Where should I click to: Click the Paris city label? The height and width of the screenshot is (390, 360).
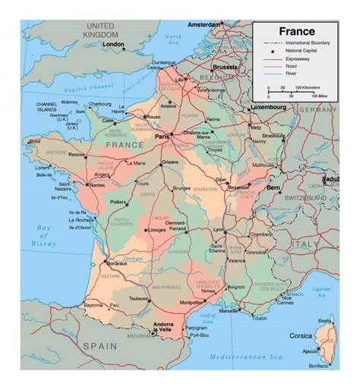160,137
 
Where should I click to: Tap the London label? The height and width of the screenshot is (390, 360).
112,44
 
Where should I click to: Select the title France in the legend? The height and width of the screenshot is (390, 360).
297,31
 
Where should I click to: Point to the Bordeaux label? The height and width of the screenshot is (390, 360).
116,263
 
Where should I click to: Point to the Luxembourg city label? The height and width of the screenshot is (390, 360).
267,108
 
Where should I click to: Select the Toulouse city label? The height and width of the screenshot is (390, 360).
139,300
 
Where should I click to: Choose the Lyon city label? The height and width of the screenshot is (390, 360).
219,229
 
